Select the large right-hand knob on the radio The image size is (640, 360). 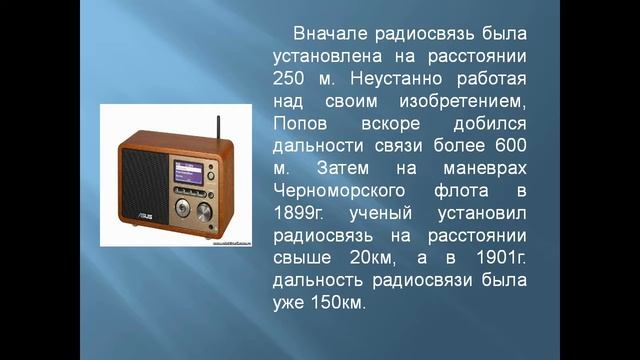204,212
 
